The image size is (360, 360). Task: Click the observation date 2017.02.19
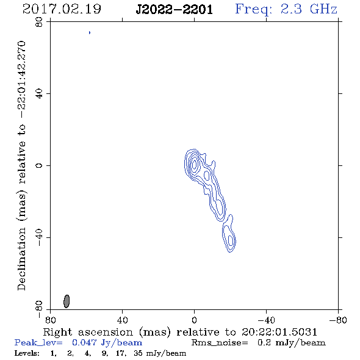tap(62, 9)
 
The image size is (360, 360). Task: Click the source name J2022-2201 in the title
tap(174, 10)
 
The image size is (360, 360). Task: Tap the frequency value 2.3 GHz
tap(309, 9)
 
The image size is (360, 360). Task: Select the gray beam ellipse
tap(67, 301)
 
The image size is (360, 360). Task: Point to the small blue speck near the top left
tap(90, 32)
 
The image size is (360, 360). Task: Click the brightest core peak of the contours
tap(195, 164)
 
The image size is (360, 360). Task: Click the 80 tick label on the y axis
tap(39, 22)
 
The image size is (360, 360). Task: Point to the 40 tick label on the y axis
tap(39, 94)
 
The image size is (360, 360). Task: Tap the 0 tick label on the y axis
tap(39, 165)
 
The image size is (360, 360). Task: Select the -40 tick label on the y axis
tap(39, 237)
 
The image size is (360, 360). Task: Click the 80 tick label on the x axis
tap(50, 320)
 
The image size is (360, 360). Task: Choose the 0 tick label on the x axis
tap(194, 320)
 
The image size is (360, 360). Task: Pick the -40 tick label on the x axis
tap(266, 320)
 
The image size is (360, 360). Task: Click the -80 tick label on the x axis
tap(338, 320)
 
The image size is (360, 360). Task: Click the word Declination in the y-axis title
tap(21, 259)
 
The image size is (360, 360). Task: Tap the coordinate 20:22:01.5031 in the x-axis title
tap(279, 332)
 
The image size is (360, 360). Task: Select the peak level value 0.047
tap(84, 342)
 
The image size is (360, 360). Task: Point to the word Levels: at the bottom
tap(27, 353)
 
